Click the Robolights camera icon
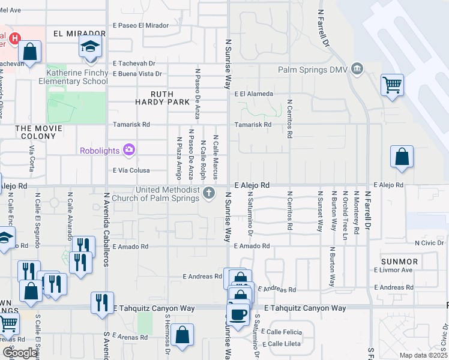tap(128, 150)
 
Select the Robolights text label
tap(100, 151)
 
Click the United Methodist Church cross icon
tap(209, 193)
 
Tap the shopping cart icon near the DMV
tap(392, 85)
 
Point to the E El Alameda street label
tap(254, 94)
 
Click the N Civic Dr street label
tap(429, 243)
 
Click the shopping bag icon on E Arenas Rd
tap(182, 336)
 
